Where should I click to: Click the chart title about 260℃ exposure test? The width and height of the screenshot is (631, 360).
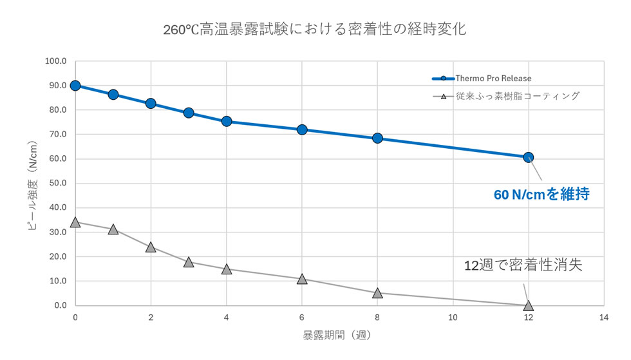point(315,29)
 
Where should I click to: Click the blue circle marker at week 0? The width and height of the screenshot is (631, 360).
point(75,86)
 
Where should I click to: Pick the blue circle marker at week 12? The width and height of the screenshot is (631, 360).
point(528,157)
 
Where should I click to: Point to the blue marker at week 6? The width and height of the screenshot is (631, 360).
point(302,129)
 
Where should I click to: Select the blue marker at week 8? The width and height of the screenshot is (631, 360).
point(377,138)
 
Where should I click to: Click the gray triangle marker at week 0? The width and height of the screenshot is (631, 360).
point(75,222)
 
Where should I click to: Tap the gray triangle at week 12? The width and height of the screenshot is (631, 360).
point(528,306)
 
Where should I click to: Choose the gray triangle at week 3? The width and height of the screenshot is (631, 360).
point(189,262)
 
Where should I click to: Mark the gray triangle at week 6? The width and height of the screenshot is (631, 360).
point(302,279)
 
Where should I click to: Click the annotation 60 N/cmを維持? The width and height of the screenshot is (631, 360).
point(542,194)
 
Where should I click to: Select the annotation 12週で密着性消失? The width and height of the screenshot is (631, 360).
point(523,265)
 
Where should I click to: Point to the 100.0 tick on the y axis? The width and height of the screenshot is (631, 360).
point(55,61)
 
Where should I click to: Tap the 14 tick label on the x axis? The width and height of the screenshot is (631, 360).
point(603,317)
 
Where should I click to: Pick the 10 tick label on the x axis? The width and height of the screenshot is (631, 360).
point(453,317)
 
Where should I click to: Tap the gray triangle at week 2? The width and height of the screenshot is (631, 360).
point(151,247)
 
